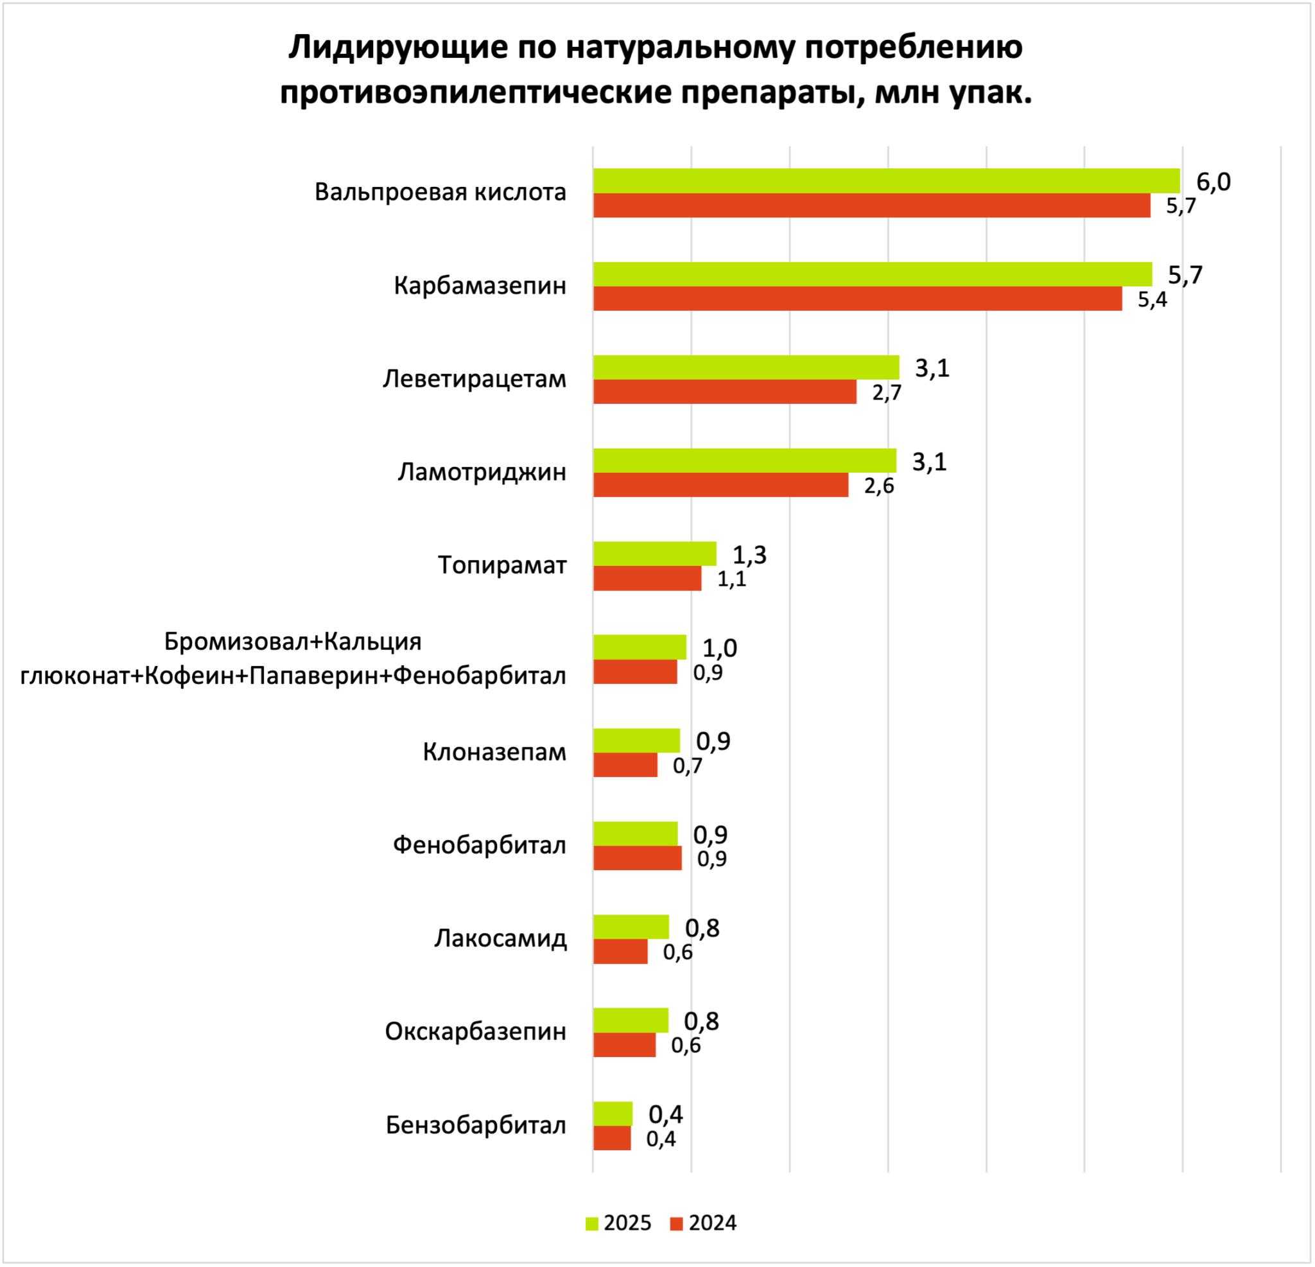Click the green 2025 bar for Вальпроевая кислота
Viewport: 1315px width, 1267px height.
886,181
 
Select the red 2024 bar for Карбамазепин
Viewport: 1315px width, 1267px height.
857,299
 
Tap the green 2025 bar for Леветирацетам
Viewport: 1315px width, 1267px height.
746,368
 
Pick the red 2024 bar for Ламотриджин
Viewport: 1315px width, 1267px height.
720,485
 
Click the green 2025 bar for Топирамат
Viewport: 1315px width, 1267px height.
655,554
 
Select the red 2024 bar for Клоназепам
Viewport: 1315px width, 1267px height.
625,765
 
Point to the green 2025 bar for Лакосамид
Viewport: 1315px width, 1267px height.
631,927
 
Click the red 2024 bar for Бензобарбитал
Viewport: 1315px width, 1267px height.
612,1138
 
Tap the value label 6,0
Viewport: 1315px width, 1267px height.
1214,182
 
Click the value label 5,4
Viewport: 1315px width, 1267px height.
1153,299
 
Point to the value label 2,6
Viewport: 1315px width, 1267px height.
879,486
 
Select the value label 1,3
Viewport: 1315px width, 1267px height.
749,555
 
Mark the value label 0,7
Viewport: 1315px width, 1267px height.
688,765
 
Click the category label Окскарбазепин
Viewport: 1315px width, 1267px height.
476,1031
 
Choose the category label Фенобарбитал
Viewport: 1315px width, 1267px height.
480,845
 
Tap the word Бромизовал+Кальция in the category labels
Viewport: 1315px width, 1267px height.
293,642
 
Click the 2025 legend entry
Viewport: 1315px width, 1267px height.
618,1223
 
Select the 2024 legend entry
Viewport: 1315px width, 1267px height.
703,1223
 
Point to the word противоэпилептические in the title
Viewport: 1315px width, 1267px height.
476,92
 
